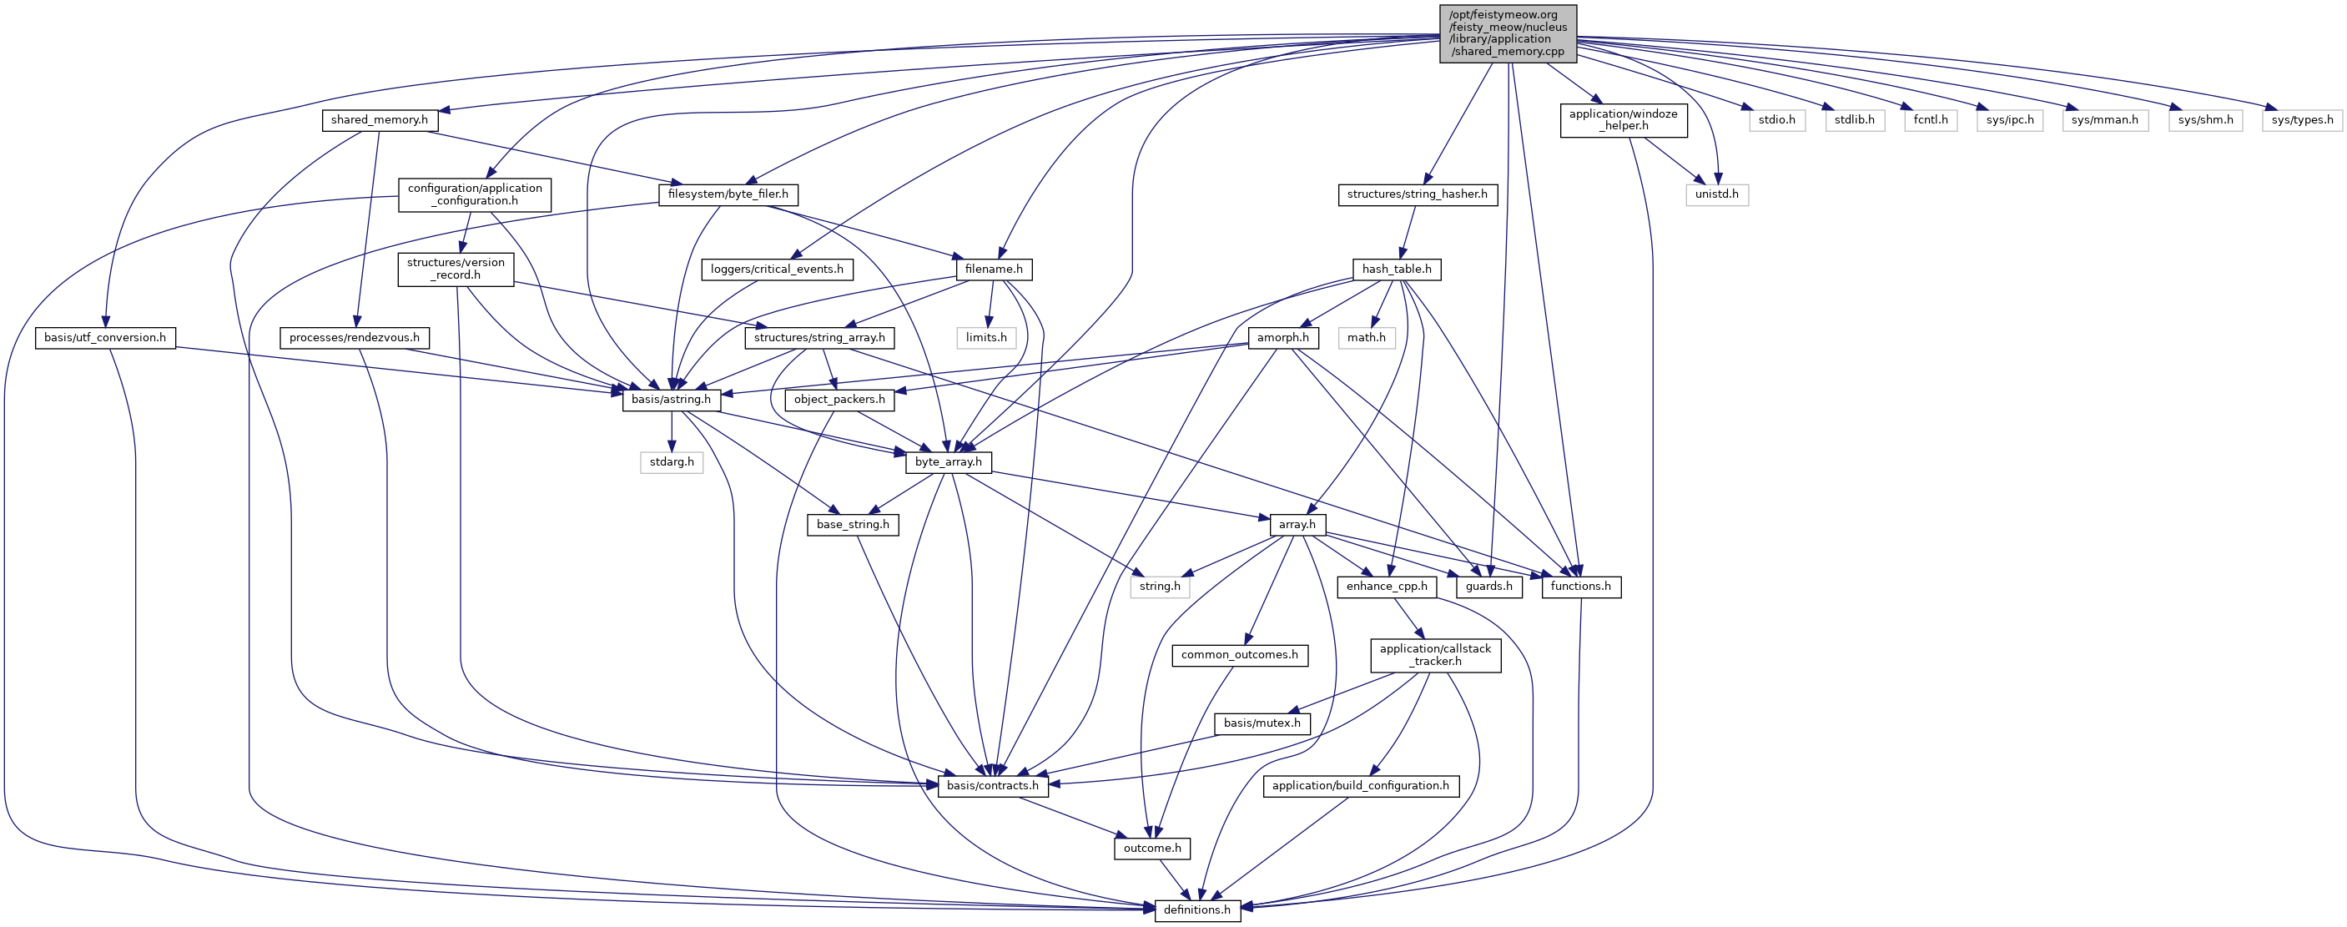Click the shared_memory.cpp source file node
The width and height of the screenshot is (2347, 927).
[x=1508, y=33]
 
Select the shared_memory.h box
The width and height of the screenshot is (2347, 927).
[x=379, y=120]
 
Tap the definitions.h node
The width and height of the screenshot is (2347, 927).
[x=1197, y=909]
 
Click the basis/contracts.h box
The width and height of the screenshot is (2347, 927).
[x=992, y=786]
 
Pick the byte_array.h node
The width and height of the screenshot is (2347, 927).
[x=949, y=462]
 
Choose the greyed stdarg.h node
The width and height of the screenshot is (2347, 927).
[x=672, y=462]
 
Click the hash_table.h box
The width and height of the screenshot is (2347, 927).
[x=1396, y=269]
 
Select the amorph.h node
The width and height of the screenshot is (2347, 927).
[x=1283, y=338]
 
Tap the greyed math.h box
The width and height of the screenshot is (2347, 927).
[x=1367, y=338]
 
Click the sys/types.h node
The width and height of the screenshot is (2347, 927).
[x=2301, y=120]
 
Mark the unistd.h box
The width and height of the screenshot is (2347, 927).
[x=1716, y=194]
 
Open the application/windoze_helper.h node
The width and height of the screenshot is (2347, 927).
[x=1623, y=120]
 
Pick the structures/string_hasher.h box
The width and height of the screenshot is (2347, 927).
[x=1417, y=194]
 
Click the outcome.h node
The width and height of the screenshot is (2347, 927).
[x=1151, y=849]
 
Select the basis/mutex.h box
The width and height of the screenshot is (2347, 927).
[x=1262, y=723]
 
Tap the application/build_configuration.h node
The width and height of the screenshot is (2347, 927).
[x=1359, y=786]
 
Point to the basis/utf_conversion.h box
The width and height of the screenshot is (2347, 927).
[x=105, y=338]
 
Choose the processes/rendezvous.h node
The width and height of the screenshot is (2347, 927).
[x=355, y=338]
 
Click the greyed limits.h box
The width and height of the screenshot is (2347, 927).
[x=986, y=338]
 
